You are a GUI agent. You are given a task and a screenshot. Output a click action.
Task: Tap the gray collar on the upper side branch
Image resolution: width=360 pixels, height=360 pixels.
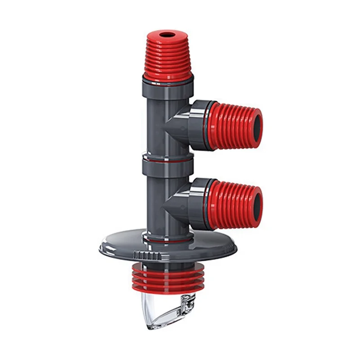click(x=198, y=125)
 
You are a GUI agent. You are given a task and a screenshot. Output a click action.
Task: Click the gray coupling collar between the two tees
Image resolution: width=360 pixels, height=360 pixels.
click(x=167, y=166)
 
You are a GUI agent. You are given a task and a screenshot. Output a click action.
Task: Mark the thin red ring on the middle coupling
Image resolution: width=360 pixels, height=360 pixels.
click(x=167, y=158)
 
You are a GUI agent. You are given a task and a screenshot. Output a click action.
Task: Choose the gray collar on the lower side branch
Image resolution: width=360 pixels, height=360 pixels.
click(x=198, y=203)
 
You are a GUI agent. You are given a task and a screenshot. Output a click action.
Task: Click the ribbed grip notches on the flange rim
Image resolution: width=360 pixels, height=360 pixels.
click(x=147, y=255)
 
